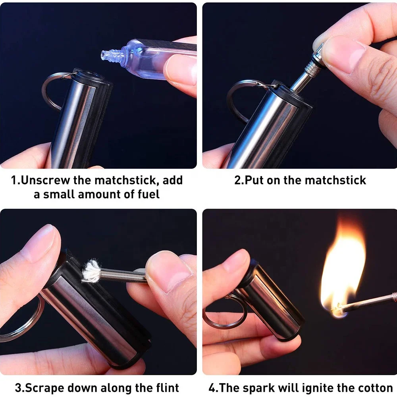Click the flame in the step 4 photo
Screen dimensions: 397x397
(342, 270)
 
